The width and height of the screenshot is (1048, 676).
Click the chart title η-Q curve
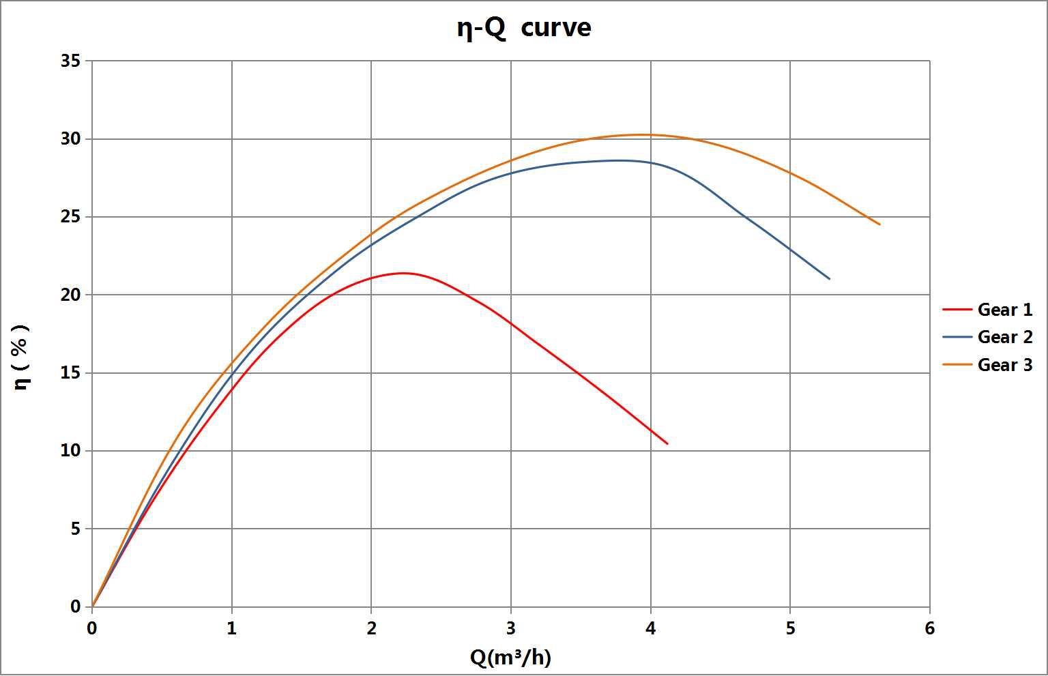point(523,28)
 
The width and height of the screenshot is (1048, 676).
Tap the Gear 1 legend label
point(1004,310)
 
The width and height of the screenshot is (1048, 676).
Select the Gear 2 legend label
point(1004,337)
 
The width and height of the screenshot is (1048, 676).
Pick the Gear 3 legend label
point(1004,365)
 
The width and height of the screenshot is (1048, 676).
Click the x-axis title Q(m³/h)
point(510,657)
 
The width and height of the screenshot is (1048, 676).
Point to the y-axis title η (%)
point(21,357)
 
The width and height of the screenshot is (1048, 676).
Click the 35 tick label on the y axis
point(70,61)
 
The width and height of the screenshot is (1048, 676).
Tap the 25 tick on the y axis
point(70,217)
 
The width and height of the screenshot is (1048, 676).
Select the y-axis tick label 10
point(70,451)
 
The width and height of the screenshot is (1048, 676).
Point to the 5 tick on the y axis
point(75,529)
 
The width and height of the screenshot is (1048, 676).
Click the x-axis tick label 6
point(929,628)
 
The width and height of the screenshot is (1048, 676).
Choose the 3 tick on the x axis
point(511,628)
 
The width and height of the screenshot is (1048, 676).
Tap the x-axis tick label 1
point(232,628)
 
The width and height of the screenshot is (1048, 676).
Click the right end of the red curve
point(667,444)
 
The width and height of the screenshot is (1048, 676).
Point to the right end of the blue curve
point(830,279)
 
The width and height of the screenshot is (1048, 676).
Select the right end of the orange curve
point(879,224)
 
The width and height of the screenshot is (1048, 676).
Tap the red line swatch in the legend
point(957,310)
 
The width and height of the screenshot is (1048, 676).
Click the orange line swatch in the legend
point(957,365)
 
